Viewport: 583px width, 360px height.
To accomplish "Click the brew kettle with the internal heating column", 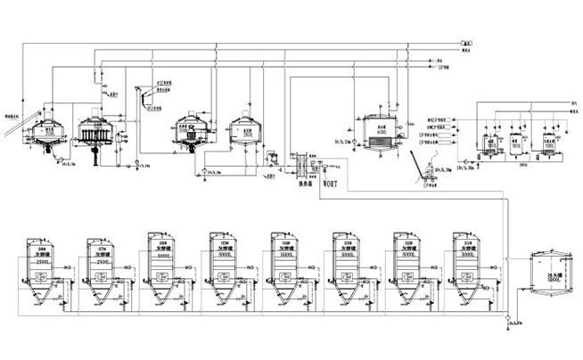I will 193,134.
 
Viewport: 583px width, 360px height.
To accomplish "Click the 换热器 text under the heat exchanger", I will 302,188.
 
